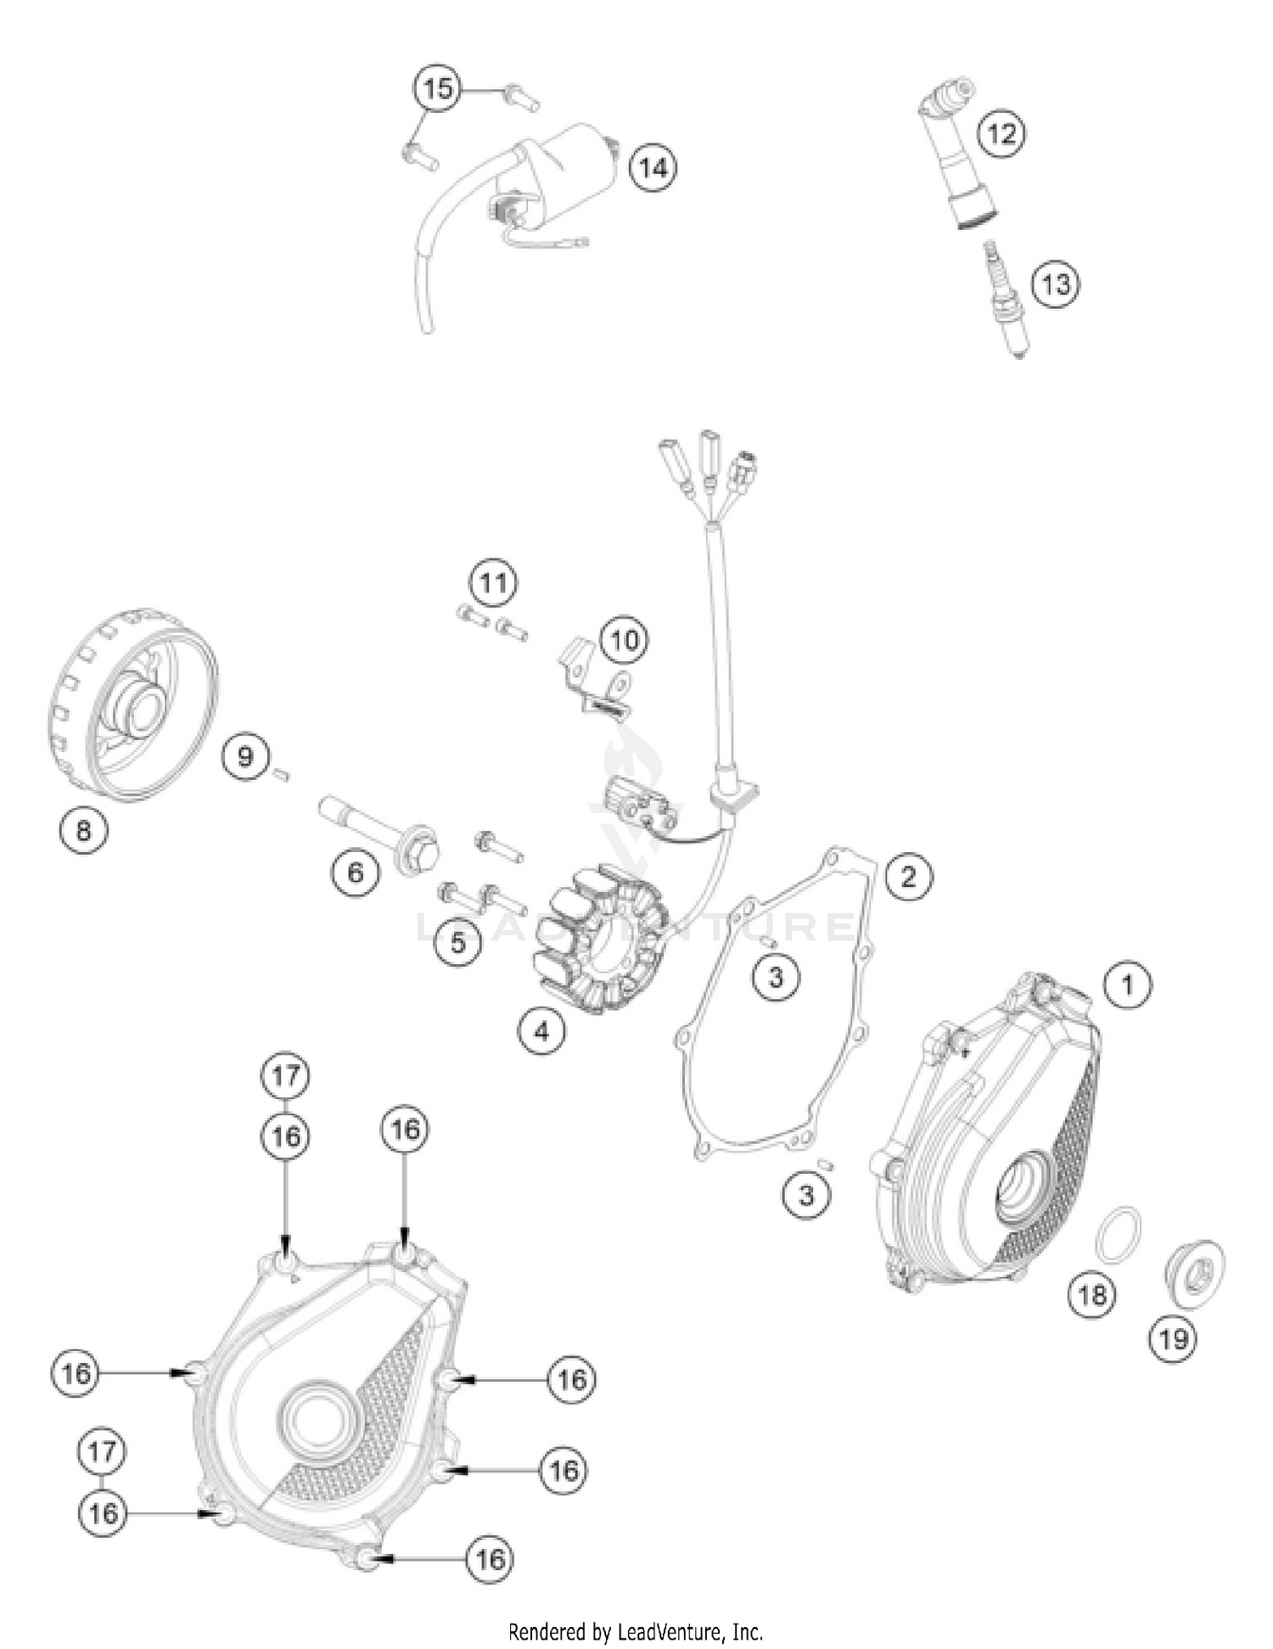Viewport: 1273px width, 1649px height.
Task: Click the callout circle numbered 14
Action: tap(653, 168)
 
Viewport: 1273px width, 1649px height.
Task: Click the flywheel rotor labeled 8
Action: tap(132, 704)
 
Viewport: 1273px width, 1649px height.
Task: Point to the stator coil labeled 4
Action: tap(599, 938)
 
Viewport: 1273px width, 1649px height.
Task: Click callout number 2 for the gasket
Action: tap(908, 875)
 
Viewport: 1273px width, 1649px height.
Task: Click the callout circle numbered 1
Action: tap(1127, 985)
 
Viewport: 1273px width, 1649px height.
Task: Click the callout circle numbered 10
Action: tap(625, 640)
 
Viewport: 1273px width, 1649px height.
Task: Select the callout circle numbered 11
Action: tap(493, 583)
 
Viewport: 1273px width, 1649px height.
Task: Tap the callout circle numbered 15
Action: tap(438, 88)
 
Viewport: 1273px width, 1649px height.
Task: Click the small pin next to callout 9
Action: tap(283, 772)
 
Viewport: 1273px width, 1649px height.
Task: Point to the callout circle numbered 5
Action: tap(458, 942)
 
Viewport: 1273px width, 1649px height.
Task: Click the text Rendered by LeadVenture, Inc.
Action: tap(635, 1631)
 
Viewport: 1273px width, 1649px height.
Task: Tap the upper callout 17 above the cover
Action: tap(285, 1075)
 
